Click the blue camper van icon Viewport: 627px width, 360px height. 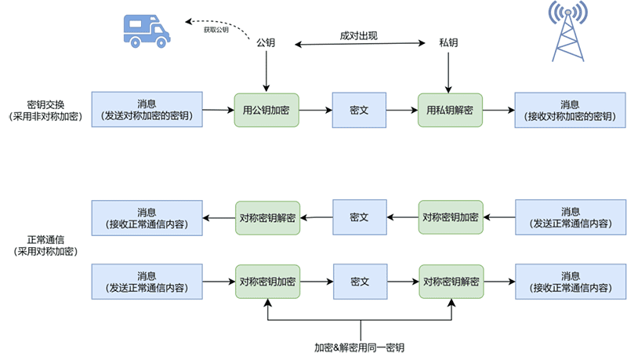147,29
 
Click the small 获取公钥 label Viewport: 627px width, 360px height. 216,30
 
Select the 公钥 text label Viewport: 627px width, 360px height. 266,42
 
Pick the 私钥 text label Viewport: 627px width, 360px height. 448,42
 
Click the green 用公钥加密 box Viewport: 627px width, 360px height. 266,111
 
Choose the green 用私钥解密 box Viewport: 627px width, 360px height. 450,111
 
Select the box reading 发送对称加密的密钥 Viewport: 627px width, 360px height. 147,111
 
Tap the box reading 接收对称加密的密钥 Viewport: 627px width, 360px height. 570,111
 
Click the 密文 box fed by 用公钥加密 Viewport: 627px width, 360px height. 359,111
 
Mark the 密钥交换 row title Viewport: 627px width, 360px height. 45,105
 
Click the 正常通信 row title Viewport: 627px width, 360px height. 45,238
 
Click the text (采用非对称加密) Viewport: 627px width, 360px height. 45,118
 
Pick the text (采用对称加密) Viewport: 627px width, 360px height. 45,251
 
